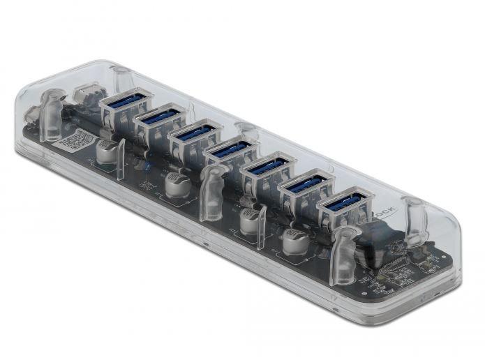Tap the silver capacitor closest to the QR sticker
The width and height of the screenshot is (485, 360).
tap(106, 150)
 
